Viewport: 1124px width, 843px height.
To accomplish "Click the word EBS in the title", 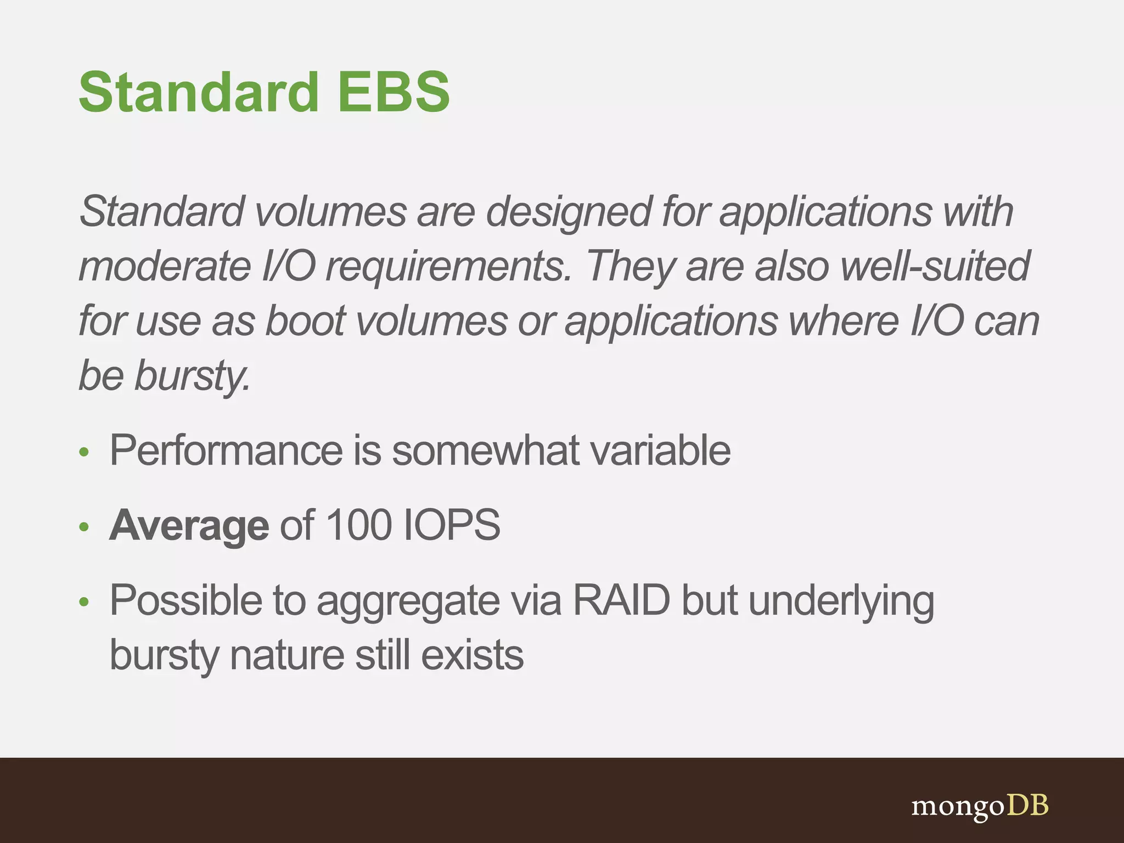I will (x=394, y=92).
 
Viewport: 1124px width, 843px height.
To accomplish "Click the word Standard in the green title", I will (x=199, y=92).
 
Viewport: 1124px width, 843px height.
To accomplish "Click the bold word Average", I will (x=189, y=525).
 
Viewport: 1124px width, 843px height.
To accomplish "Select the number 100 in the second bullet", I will (x=359, y=525).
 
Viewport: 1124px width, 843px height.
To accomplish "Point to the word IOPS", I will (x=451, y=525).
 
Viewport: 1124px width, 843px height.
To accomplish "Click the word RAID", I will (x=621, y=600).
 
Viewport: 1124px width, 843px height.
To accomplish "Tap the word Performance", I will (x=226, y=451).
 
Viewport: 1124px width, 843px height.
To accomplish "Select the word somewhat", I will (x=485, y=451).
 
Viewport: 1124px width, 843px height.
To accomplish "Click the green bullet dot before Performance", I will (x=83, y=453).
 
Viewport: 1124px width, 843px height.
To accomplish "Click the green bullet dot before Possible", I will (x=83, y=603).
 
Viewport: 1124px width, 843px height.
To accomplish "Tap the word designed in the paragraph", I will (x=569, y=212).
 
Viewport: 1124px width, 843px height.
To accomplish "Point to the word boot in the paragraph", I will (x=305, y=321).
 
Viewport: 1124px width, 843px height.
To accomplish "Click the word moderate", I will (x=165, y=266).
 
